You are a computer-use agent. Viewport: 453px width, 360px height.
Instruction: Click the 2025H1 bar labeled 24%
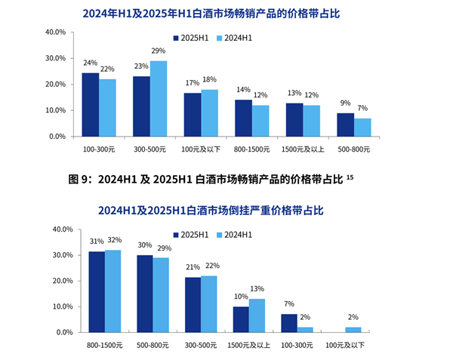click(x=90, y=105)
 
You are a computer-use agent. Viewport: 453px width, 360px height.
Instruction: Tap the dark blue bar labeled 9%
click(x=345, y=125)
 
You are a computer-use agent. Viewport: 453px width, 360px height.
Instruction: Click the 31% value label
click(x=97, y=242)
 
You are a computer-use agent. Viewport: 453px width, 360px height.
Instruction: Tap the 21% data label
click(x=192, y=267)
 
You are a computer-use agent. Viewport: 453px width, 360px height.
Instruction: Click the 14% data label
click(x=242, y=90)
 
